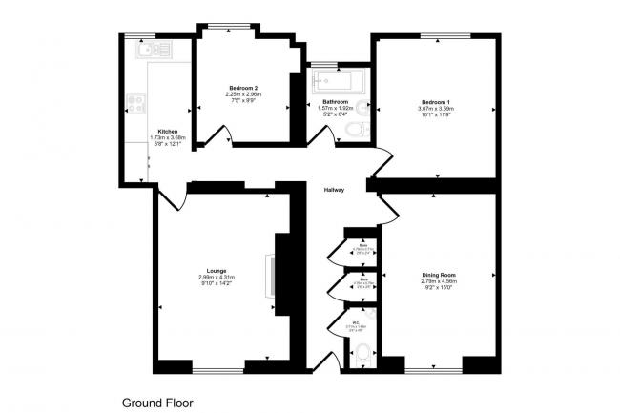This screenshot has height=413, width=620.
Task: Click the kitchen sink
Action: coord(153,50)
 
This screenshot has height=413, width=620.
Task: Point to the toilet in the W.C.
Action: coord(360,355)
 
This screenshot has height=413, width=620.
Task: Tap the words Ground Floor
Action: coord(156,403)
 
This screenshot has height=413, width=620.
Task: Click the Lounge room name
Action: coord(216,271)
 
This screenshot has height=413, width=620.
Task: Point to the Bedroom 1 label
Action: coord(436,102)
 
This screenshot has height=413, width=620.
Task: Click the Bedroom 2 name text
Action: coord(242,88)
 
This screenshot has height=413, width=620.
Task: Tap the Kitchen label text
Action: coord(168,132)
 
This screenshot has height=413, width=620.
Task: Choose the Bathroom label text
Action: coord(335,101)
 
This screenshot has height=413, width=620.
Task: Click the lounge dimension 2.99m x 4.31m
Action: coord(216,278)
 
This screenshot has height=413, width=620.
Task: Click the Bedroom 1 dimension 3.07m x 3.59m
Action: coord(436,108)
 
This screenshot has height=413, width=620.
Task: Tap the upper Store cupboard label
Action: coord(364,250)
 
